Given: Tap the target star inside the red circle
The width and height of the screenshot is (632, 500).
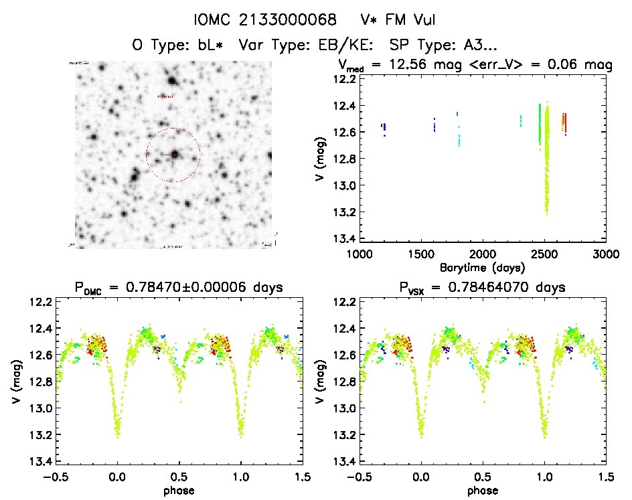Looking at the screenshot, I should pyautogui.click(x=175, y=154).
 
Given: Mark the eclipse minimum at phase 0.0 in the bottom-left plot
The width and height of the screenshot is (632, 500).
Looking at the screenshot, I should pyautogui.click(x=118, y=435).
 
